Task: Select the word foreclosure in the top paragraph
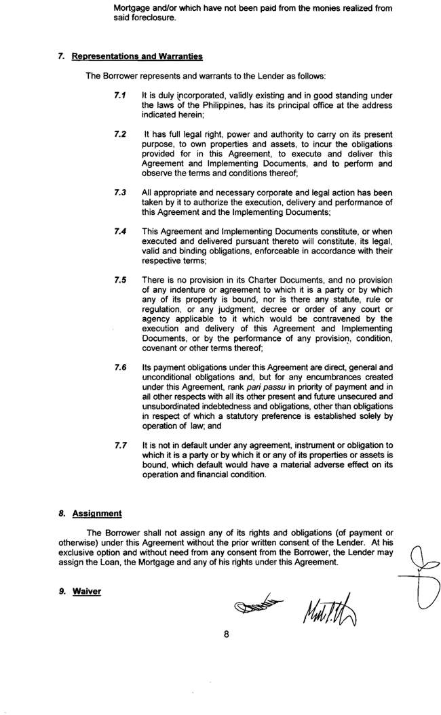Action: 136,18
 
